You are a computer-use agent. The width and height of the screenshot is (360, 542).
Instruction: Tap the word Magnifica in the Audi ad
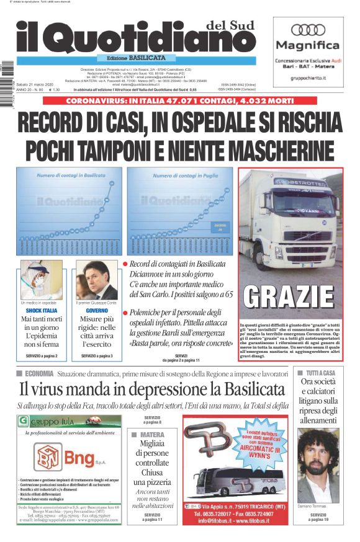(x=308, y=45)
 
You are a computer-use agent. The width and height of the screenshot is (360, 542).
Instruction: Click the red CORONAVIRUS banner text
(x=179, y=101)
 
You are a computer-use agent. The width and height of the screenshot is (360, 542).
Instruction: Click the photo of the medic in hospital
(x=41, y=280)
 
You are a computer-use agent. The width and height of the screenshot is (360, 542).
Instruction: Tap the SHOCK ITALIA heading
(x=42, y=309)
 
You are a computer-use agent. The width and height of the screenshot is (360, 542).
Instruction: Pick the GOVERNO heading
(x=96, y=309)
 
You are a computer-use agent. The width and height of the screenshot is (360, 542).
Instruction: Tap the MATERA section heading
(x=151, y=435)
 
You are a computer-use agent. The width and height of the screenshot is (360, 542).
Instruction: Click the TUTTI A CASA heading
(x=320, y=373)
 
